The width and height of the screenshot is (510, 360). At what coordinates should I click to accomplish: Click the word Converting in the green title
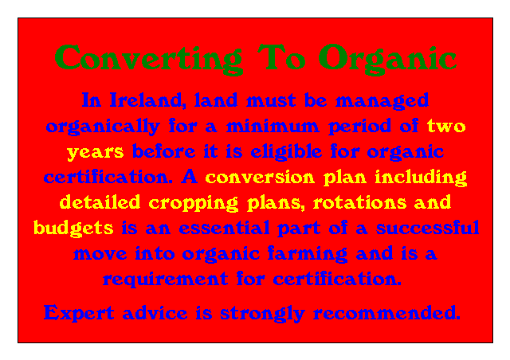pyautogui.click(x=148, y=59)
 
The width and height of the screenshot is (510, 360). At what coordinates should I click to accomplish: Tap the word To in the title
pyautogui.click(x=281, y=57)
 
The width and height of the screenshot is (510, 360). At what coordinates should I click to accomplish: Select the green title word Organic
pyautogui.click(x=387, y=59)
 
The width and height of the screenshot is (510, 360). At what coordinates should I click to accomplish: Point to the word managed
pyautogui.click(x=382, y=101)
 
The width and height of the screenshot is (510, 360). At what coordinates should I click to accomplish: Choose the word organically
pyautogui.click(x=103, y=127)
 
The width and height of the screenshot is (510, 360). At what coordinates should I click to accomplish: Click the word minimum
pyautogui.click(x=273, y=126)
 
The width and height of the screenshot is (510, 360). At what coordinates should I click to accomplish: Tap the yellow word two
pyautogui.click(x=446, y=126)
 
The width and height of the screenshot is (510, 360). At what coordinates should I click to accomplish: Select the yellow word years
pyautogui.click(x=96, y=152)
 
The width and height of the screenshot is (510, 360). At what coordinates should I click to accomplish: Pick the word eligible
pyautogui.click(x=286, y=152)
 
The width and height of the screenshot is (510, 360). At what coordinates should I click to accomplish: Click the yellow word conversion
pyautogui.click(x=260, y=178)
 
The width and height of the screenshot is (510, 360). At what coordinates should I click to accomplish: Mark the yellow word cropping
pyautogui.click(x=193, y=203)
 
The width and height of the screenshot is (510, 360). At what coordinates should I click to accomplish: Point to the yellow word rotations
pyautogui.click(x=359, y=202)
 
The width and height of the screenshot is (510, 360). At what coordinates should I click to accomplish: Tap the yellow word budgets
pyautogui.click(x=73, y=229)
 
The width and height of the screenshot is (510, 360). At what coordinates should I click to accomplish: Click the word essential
pyautogui.click(x=224, y=228)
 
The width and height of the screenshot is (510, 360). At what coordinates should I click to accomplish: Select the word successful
pyautogui.click(x=427, y=228)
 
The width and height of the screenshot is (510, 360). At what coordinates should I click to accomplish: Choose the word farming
pyautogui.click(x=308, y=254)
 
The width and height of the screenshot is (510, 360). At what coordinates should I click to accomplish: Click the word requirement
pyautogui.click(x=165, y=280)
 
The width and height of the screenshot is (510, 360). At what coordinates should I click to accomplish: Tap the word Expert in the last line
pyautogui.click(x=79, y=313)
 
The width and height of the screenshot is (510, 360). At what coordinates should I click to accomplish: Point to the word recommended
pyautogui.click(x=386, y=313)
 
